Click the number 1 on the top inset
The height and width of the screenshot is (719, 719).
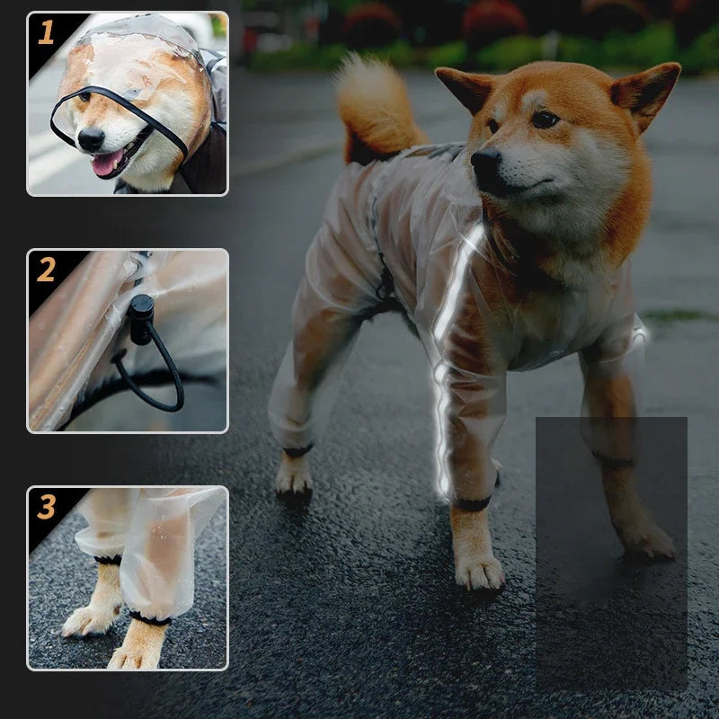(46, 33)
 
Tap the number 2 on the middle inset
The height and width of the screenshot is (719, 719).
(46, 269)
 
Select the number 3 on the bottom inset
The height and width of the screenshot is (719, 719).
(46, 507)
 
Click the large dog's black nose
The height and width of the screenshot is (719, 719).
(486, 162)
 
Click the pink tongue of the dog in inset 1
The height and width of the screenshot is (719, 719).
(107, 163)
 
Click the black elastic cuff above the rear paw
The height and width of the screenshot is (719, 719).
(297, 450)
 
